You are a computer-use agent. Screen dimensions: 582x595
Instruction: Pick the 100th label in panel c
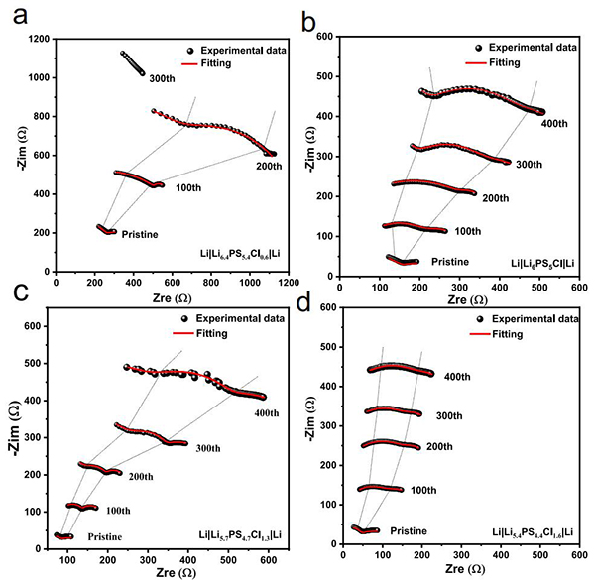(118, 510)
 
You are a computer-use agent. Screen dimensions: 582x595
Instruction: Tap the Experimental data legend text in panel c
(236, 318)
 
